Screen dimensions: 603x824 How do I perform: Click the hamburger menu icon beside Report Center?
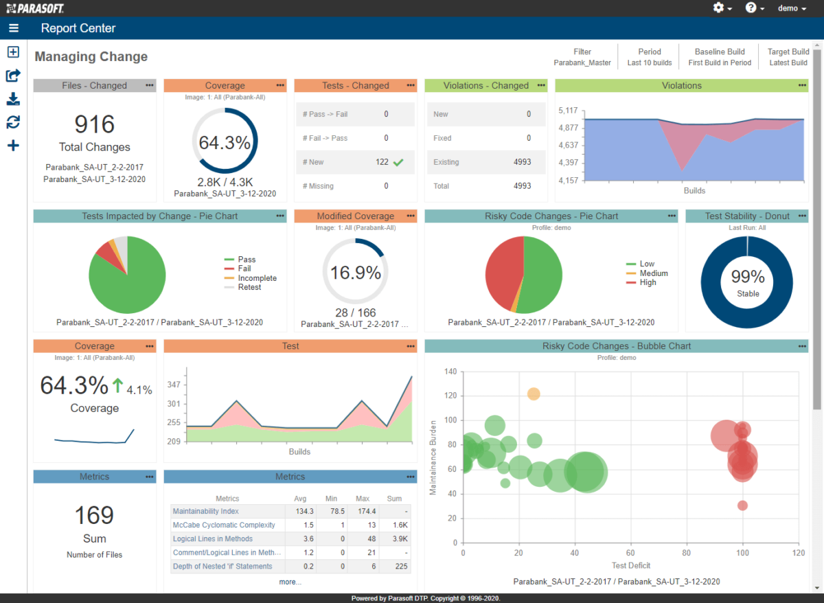pos(14,28)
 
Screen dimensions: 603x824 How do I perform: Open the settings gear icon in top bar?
pos(718,8)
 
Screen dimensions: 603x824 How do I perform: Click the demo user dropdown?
pos(791,8)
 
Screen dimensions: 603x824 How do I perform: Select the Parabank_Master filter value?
pos(582,63)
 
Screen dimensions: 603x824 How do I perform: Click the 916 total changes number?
pos(94,124)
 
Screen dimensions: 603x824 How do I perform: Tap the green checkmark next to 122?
pos(399,162)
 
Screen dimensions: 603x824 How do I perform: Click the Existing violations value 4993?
pos(522,162)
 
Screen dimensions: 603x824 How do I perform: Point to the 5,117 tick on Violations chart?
pos(568,111)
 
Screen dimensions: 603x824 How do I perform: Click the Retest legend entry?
pos(249,287)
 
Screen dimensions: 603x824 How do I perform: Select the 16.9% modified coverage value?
pos(355,273)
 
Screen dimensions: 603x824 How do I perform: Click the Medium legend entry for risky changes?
pos(653,273)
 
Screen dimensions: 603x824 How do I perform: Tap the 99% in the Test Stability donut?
pos(747,277)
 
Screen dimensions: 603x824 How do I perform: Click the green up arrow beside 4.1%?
pos(117,387)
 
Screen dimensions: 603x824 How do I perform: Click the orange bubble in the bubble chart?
pos(534,394)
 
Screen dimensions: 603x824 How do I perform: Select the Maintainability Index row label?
pos(205,512)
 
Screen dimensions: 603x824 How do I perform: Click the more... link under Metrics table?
pos(290,582)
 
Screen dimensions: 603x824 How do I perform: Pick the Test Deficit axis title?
pos(630,566)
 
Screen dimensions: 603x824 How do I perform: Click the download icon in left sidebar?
pos(13,100)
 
